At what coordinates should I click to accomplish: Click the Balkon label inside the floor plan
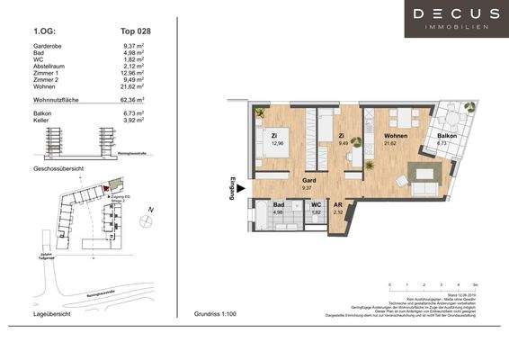coord(446,136)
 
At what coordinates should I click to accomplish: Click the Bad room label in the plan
coord(278,205)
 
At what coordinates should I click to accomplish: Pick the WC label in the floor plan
coord(316,205)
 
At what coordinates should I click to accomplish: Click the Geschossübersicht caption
coord(58,169)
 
